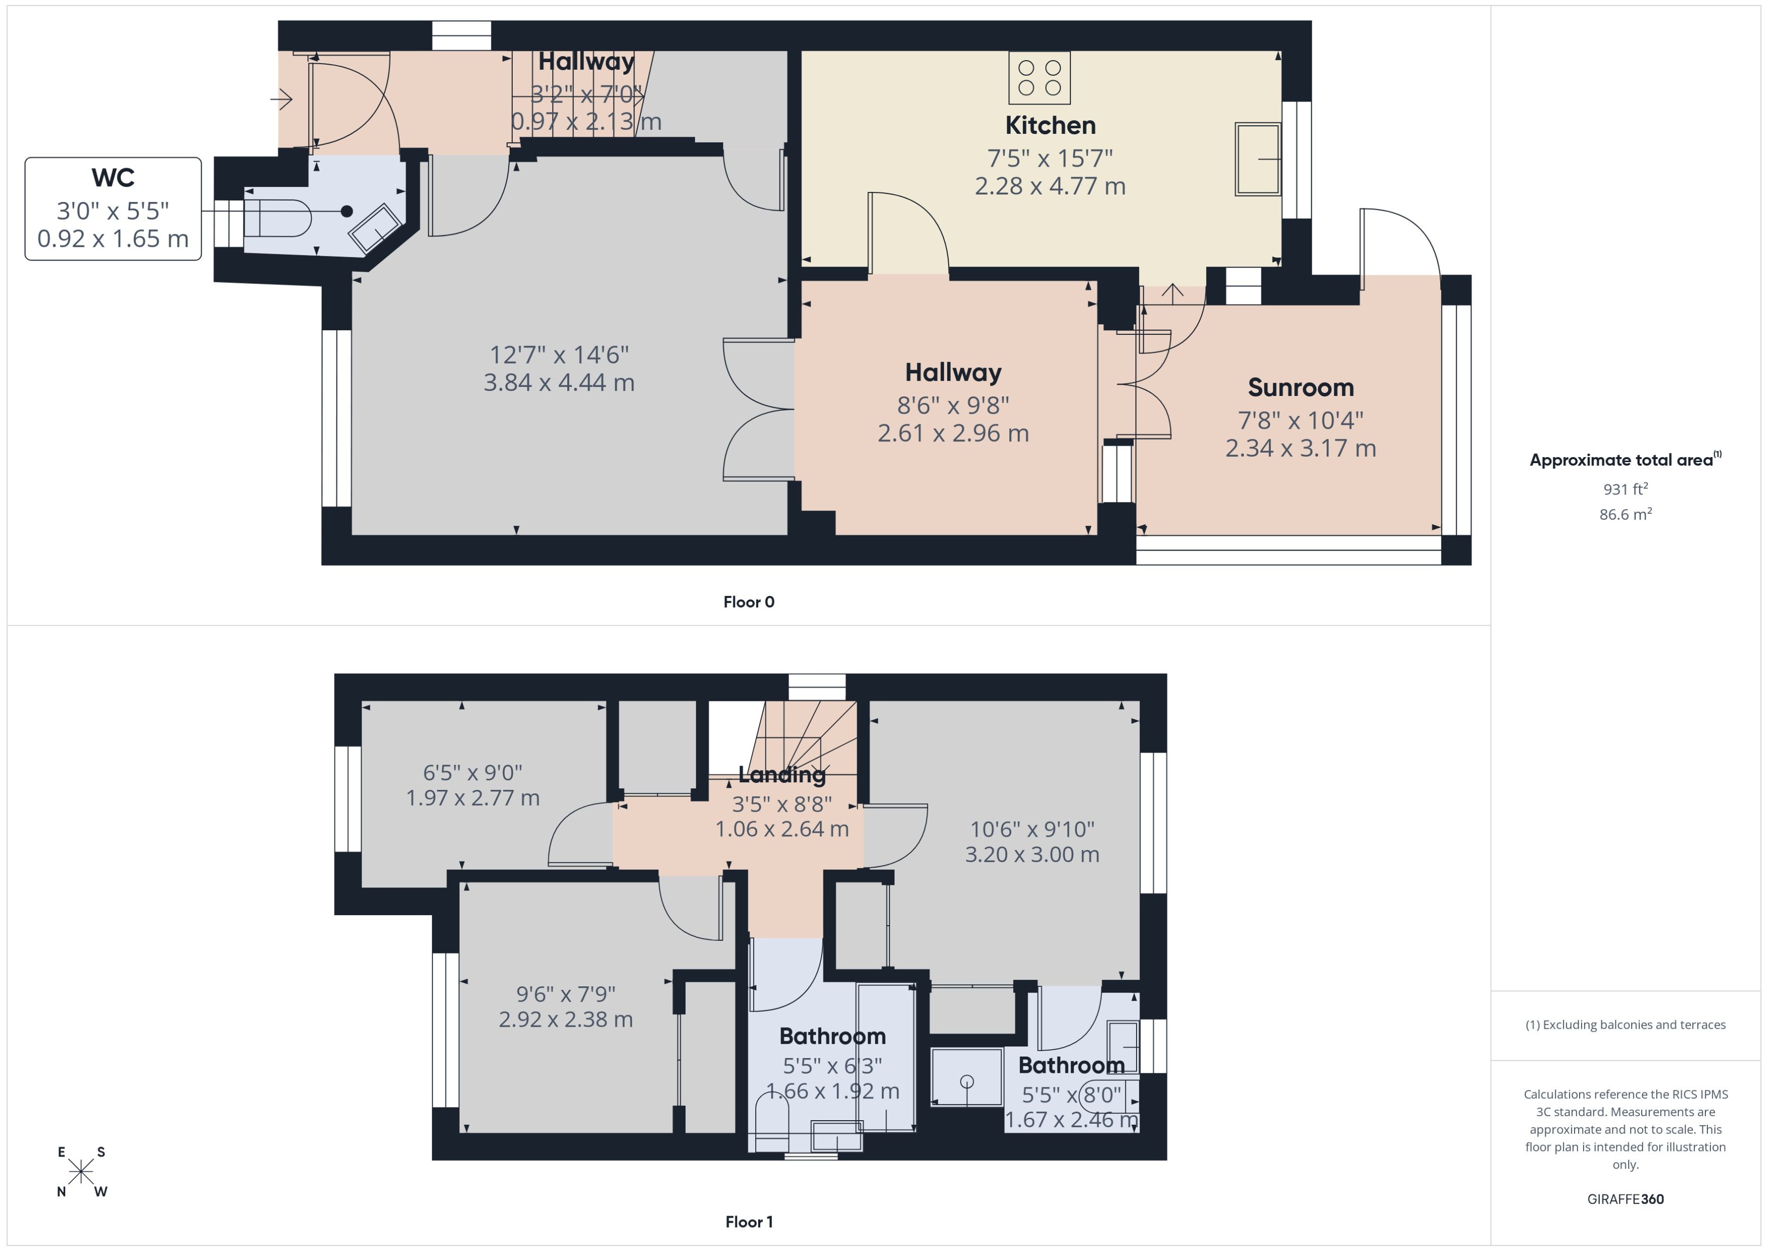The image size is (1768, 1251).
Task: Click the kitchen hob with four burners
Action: [x=1039, y=78]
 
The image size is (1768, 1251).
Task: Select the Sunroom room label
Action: [x=1300, y=387]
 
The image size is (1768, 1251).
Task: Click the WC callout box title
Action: [x=113, y=178]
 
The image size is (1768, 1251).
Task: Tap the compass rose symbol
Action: [x=81, y=1172]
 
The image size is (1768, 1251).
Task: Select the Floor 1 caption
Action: [x=748, y=1222]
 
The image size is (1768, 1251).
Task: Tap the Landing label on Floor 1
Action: [x=781, y=774]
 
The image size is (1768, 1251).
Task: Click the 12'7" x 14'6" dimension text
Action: [x=559, y=355]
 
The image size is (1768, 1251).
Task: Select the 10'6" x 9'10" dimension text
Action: [x=1032, y=830]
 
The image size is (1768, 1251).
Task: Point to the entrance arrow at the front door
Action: [x=282, y=98]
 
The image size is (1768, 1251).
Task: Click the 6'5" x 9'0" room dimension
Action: [x=472, y=773]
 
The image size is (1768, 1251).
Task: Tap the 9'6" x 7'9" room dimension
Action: [x=565, y=994]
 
